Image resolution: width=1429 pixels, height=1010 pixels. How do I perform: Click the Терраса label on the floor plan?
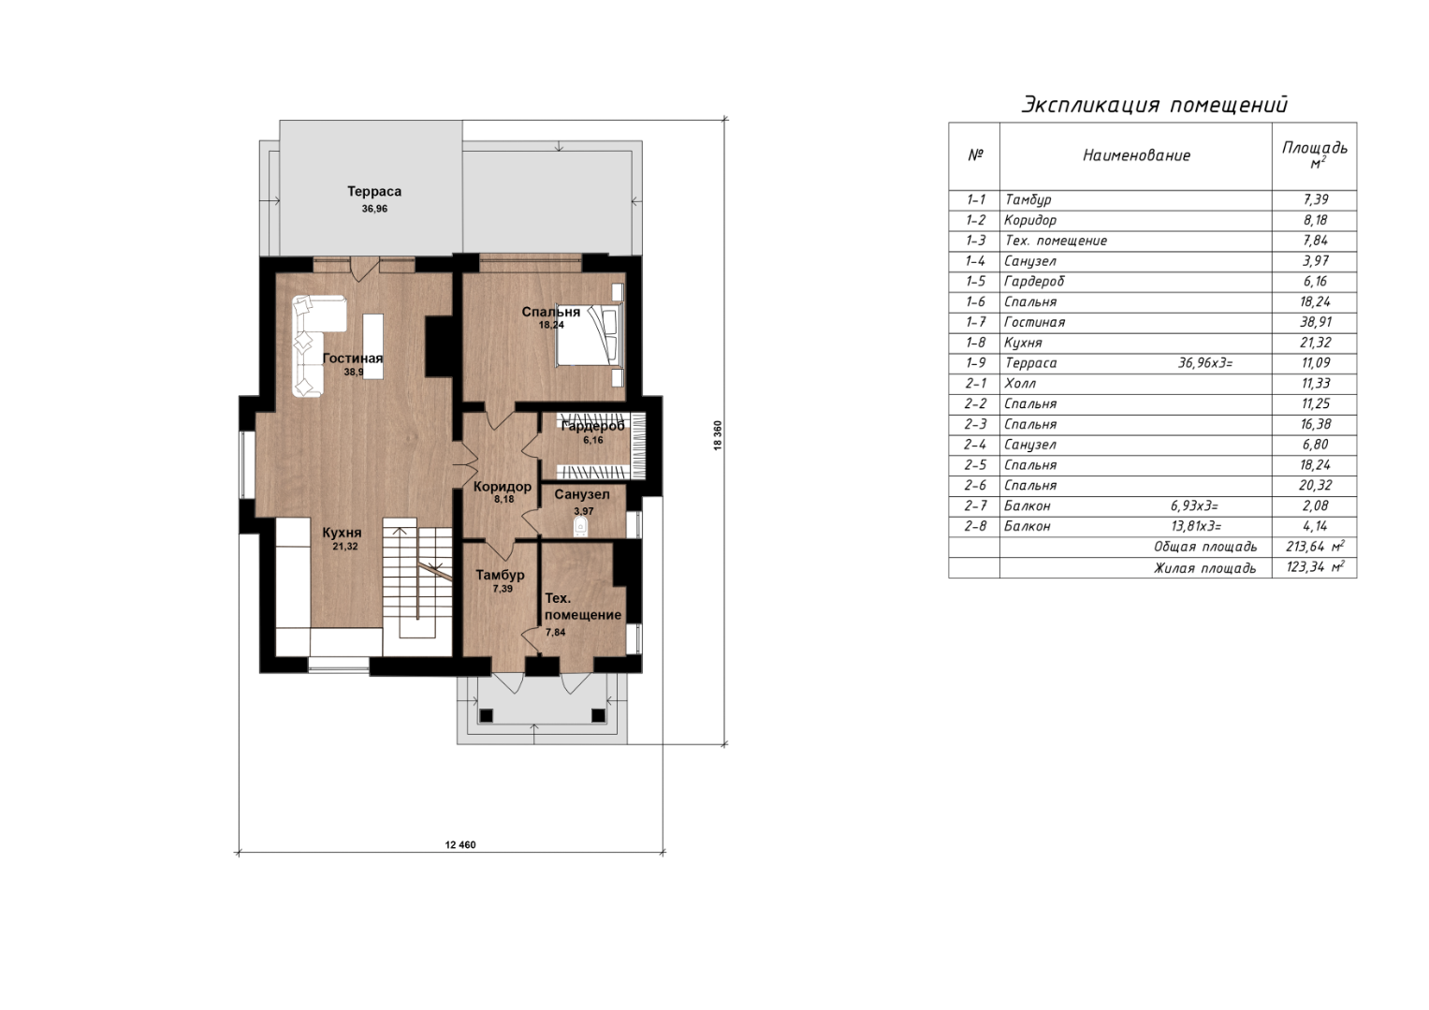[373, 191]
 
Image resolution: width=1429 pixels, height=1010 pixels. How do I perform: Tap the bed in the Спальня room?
[590, 335]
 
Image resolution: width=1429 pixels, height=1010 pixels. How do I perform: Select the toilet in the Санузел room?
[580, 527]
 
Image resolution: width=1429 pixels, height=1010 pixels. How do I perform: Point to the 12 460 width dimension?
[460, 844]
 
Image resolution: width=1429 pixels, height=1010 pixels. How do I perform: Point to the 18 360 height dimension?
[718, 436]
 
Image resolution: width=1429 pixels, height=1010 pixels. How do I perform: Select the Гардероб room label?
[592, 426]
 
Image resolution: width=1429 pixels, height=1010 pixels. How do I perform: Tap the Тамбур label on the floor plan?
[500, 575]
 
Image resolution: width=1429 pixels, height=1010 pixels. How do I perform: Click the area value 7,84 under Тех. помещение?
[555, 632]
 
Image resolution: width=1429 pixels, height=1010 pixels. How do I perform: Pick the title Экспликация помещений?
[1155, 105]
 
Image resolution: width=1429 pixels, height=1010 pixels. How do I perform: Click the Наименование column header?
[1136, 155]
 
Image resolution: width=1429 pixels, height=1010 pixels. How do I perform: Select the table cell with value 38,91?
[1315, 322]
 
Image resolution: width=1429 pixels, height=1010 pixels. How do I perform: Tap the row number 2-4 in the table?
[975, 445]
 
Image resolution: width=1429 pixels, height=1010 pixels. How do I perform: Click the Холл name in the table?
[1019, 384]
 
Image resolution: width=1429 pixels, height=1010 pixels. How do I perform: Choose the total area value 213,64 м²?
[1316, 547]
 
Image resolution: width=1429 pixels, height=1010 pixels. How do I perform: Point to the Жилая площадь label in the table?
[1205, 568]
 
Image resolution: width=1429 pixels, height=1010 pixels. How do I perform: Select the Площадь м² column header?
[1315, 154]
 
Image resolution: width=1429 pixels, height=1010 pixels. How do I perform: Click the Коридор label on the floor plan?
[502, 487]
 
